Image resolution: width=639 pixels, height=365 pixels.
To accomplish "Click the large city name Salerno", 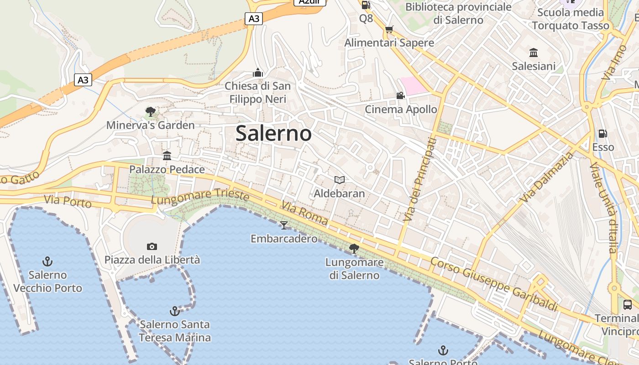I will click(273, 133).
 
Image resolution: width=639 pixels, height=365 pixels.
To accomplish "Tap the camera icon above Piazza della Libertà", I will click(152, 246).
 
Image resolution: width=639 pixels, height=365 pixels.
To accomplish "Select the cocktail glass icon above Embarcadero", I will click(284, 225).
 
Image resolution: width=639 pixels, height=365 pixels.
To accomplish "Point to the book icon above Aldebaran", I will click(339, 180).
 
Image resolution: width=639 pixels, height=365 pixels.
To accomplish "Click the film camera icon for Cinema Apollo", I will click(400, 96).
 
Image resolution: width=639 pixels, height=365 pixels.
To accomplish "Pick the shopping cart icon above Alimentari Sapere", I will click(389, 30).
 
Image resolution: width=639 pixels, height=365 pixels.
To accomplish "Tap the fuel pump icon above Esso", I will click(603, 134).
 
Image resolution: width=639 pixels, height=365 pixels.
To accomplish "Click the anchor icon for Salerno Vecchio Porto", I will click(47, 261).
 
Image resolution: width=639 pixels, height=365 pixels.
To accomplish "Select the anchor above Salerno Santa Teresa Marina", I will click(174, 311).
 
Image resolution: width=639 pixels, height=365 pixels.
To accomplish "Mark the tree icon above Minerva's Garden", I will click(150, 111).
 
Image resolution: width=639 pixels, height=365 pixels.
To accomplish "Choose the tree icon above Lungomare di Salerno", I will click(354, 249).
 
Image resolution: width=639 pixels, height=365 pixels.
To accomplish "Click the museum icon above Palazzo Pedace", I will click(167, 156).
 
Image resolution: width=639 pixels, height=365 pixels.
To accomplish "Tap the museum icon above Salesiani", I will click(534, 52).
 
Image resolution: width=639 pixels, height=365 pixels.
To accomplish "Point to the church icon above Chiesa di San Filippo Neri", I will click(258, 73).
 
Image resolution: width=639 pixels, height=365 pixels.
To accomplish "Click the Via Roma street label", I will click(304, 213).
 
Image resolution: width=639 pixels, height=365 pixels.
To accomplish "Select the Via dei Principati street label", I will click(419, 180).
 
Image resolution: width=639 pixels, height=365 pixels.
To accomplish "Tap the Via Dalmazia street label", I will click(547, 177).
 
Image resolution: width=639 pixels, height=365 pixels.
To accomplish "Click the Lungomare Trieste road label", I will click(200, 197).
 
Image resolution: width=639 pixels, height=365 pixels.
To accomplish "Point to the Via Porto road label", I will click(68, 201).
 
